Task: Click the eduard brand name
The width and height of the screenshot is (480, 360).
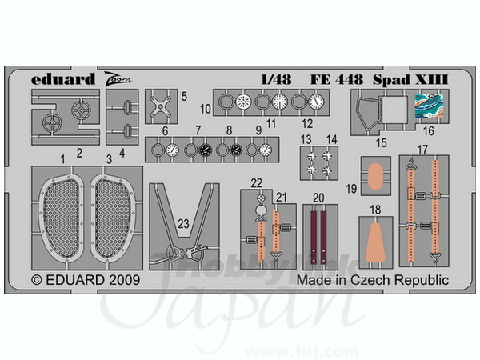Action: click(63, 79)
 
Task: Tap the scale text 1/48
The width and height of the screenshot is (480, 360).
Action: click(276, 79)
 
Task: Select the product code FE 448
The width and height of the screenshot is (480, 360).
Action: click(337, 79)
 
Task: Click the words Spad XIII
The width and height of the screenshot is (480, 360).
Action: click(410, 79)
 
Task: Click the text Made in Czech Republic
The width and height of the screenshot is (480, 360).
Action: click(373, 280)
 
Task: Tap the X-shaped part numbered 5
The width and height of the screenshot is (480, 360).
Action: click(161, 106)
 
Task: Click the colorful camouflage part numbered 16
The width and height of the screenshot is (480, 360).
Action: click(429, 106)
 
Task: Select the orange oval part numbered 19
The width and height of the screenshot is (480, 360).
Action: click(376, 176)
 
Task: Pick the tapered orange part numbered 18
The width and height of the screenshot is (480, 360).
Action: click(375, 244)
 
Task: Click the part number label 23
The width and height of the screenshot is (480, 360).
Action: click(183, 224)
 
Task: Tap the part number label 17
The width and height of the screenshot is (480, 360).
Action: click(422, 150)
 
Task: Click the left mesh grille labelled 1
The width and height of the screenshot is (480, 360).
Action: click(62, 218)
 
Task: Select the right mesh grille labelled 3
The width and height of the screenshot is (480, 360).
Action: click(113, 218)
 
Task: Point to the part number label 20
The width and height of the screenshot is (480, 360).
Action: click(318, 198)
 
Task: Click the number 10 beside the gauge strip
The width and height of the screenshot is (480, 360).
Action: click(206, 109)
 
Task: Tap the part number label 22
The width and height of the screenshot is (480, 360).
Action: click(257, 183)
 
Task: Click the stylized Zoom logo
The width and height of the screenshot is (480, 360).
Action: click(118, 79)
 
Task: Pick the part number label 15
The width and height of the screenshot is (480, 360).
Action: click(381, 142)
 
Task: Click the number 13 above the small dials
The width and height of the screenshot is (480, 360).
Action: click(306, 139)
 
